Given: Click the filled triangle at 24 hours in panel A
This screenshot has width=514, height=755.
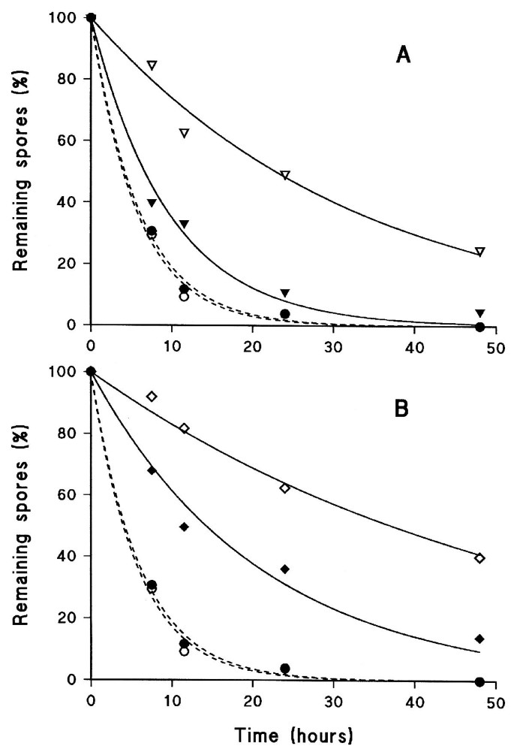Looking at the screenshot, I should (284, 293).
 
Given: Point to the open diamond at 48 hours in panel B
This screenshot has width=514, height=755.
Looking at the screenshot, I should (479, 558).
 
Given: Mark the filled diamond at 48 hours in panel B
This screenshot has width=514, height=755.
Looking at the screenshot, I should (479, 639).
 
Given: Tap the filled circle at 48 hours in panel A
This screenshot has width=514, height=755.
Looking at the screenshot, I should (479, 325).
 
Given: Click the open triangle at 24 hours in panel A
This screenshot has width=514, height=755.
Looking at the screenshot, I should (284, 176).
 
